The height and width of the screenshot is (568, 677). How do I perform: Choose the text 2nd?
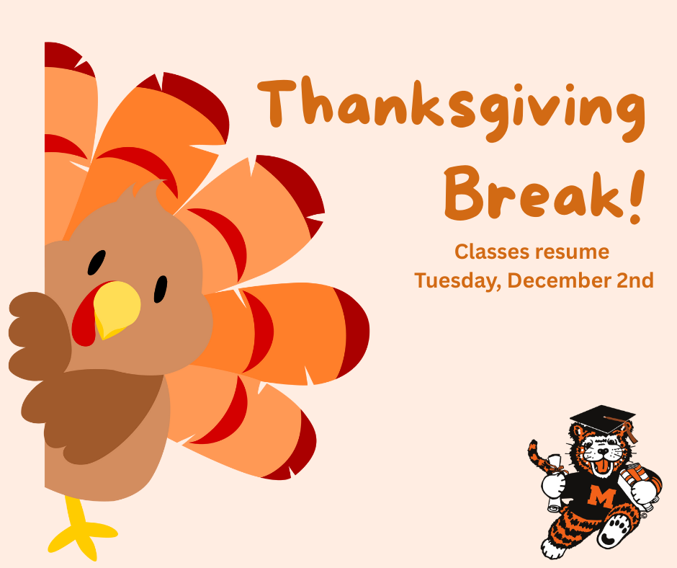pos(635,280)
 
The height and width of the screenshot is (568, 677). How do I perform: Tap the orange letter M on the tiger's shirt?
pos(597,495)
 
